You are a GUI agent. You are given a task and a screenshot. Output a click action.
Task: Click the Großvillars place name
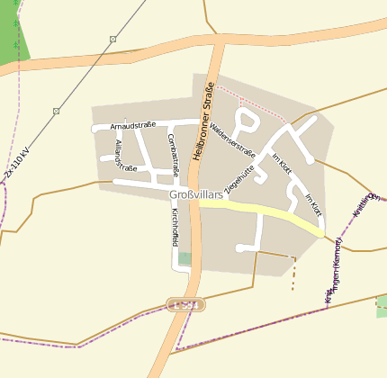click(195, 194)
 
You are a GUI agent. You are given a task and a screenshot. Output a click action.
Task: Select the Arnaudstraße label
click(133, 125)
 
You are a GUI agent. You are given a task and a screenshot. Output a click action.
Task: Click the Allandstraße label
click(125, 156)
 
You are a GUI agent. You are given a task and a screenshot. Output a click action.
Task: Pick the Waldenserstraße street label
click(232, 138)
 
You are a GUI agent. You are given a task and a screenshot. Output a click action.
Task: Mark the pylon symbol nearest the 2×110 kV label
click(56, 111)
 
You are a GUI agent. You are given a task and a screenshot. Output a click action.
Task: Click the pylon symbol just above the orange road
click(112, 39)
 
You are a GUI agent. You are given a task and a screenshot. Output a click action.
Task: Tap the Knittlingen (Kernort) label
click(330, 270)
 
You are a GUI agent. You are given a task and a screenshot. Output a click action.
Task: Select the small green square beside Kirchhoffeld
click(184, 258)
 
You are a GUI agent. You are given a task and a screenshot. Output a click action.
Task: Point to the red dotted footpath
click(252, 100)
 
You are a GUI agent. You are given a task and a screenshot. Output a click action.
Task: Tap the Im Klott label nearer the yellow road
click(313, 205)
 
